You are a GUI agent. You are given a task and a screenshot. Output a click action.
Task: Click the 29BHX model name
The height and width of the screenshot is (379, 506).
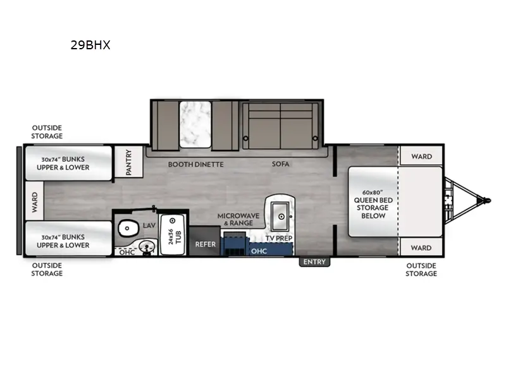(x=90, y=45)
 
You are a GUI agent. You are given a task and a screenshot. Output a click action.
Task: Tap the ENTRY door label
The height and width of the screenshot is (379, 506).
(x=314, y=262)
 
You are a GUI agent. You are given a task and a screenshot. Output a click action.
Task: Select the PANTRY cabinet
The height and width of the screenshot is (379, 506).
(x=129, y=162)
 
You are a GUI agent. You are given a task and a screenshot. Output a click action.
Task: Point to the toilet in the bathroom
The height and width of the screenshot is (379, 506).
(x=128, y=228)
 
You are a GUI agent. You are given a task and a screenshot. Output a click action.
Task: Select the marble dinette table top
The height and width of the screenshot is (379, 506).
(x=195, y=124)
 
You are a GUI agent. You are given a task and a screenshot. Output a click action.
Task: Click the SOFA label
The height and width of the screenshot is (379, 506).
(x=280, y=164)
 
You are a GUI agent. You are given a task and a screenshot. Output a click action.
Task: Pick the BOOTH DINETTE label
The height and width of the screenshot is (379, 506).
(x=196, y=164)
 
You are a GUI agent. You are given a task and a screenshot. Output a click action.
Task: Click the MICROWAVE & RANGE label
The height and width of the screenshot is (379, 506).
(x=238, y=219)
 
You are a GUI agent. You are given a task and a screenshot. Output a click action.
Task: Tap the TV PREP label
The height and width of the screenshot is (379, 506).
(x=279, y=238)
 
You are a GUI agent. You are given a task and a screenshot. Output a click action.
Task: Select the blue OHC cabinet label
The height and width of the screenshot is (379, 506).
(x=259, y=251)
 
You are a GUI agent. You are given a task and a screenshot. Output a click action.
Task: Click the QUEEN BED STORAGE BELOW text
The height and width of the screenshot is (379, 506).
(x=373, y=208)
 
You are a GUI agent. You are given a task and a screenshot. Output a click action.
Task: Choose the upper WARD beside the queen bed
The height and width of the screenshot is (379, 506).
(x=421, y=156)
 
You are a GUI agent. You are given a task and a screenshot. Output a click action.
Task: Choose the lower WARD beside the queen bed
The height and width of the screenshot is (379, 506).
(x=421, y=248)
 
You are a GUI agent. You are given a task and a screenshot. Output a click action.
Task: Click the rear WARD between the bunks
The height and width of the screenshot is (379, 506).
(x=35, y=202)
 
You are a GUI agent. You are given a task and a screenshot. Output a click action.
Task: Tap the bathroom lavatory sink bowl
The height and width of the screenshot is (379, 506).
(x=147, y=247)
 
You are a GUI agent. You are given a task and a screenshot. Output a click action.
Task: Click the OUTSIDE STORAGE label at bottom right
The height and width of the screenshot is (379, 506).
(x=421, y=270)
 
